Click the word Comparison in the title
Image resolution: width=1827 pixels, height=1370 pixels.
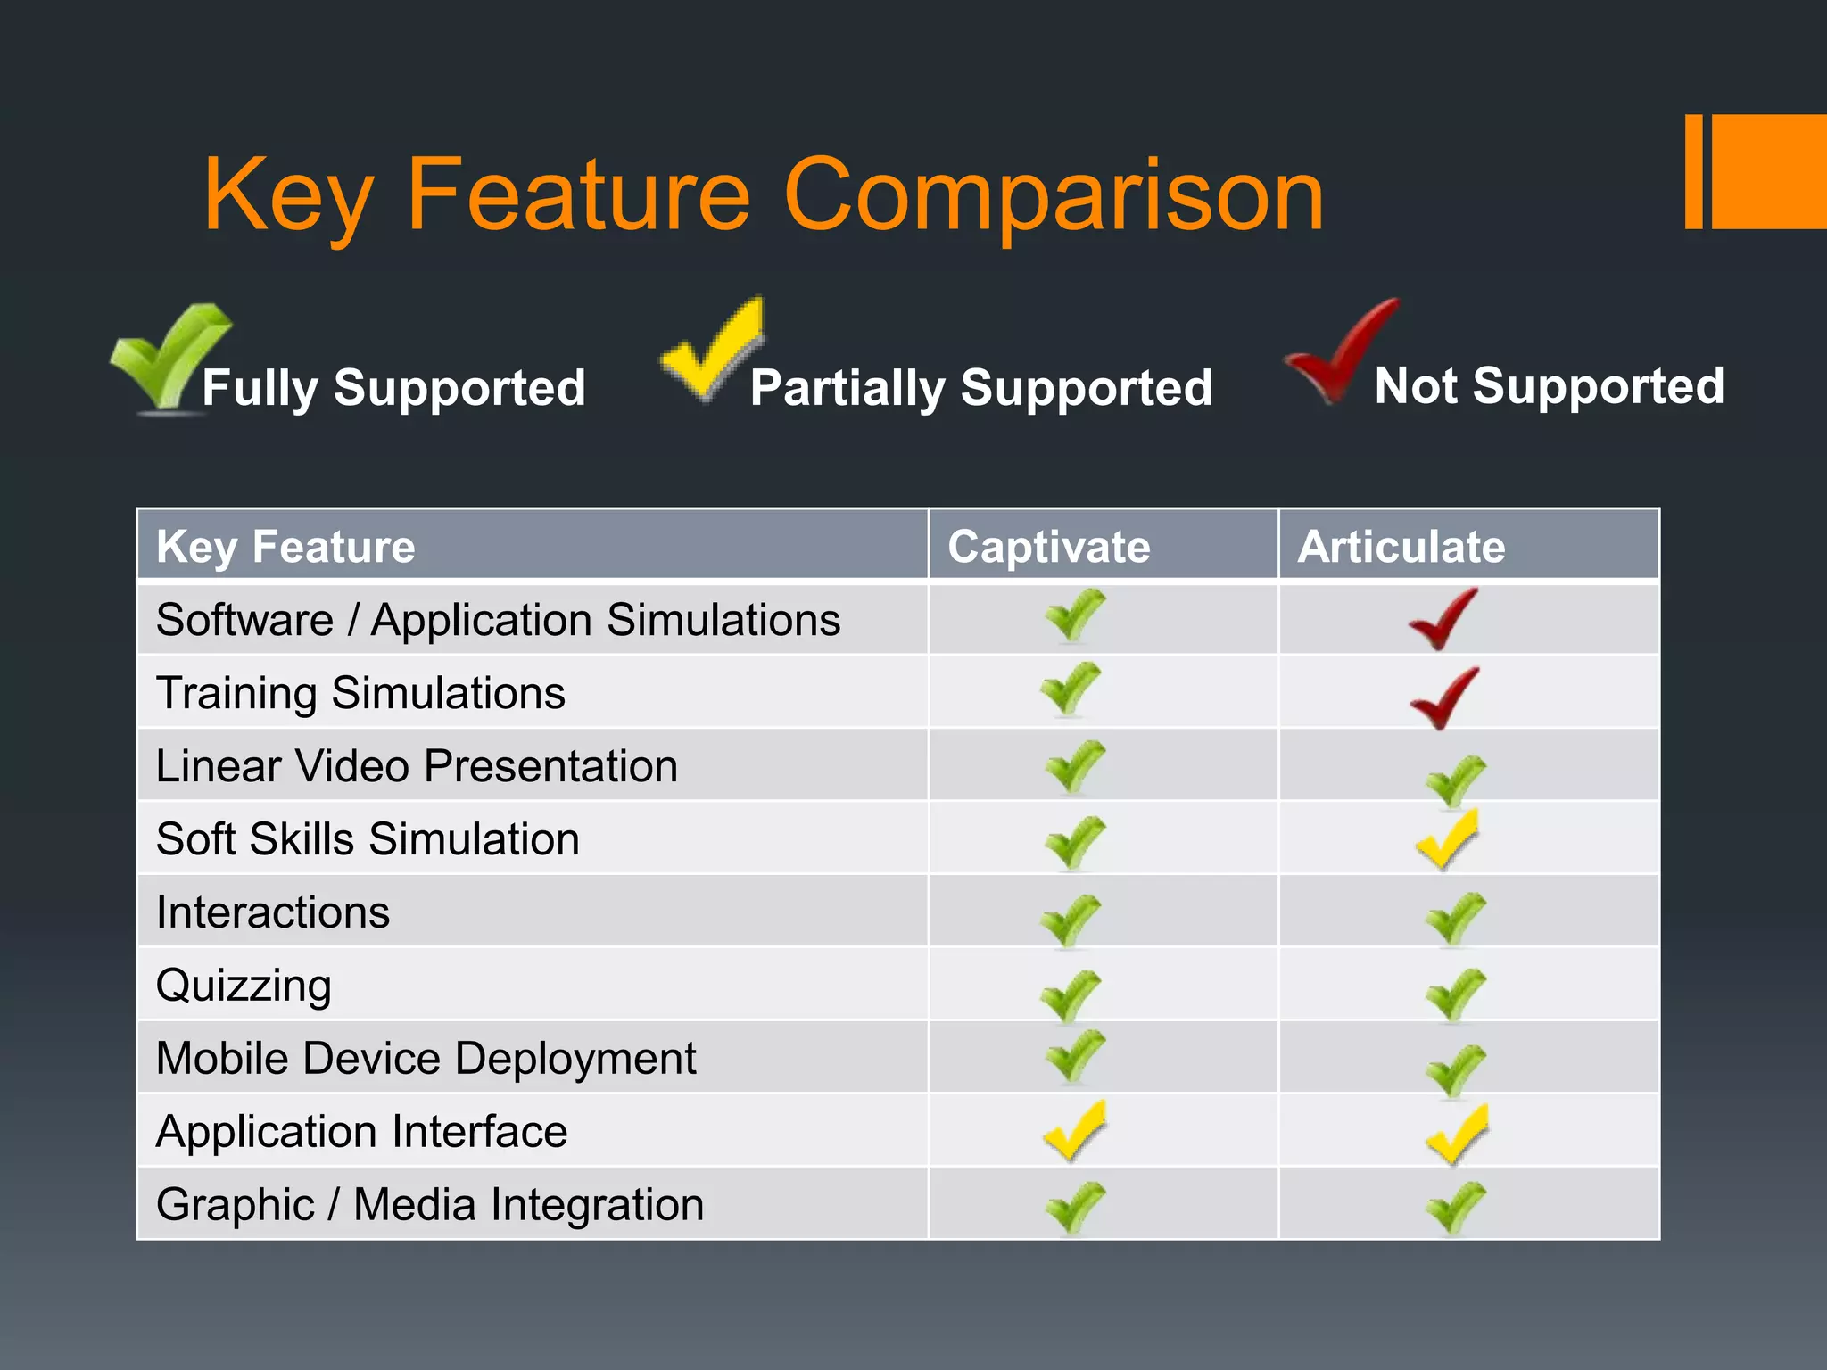click(x=1054, y=194)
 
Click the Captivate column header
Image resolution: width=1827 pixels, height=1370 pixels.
click(x=1048, y=546)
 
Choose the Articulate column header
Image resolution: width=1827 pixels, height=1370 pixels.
click(x=1401, y=546)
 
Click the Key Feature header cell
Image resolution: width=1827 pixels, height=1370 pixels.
click(x=285, y=546)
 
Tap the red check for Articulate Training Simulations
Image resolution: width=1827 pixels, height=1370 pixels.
click(x=1443, y=698)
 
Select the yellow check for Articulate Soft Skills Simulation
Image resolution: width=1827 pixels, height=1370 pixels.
click(x=1447, y=839)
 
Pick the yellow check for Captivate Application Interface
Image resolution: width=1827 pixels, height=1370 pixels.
click(x=1074, y=1131)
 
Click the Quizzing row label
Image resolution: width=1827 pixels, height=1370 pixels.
click(x=244, y=986)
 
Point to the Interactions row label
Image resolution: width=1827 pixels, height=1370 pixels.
click(x=273, y=912)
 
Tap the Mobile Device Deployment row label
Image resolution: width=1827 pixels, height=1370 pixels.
click(x=426, y=1059)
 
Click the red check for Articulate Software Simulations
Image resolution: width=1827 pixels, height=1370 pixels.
click(x=1443, y=619)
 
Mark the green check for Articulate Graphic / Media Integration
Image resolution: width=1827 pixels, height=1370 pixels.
click(x=1455, y=1208)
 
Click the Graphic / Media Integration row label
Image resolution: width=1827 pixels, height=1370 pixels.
click(x=430, y=1205)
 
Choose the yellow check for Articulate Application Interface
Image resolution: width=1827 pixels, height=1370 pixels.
click(x=1456, y=1135)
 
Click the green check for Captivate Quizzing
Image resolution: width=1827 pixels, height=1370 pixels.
click(x=1071, y=996)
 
